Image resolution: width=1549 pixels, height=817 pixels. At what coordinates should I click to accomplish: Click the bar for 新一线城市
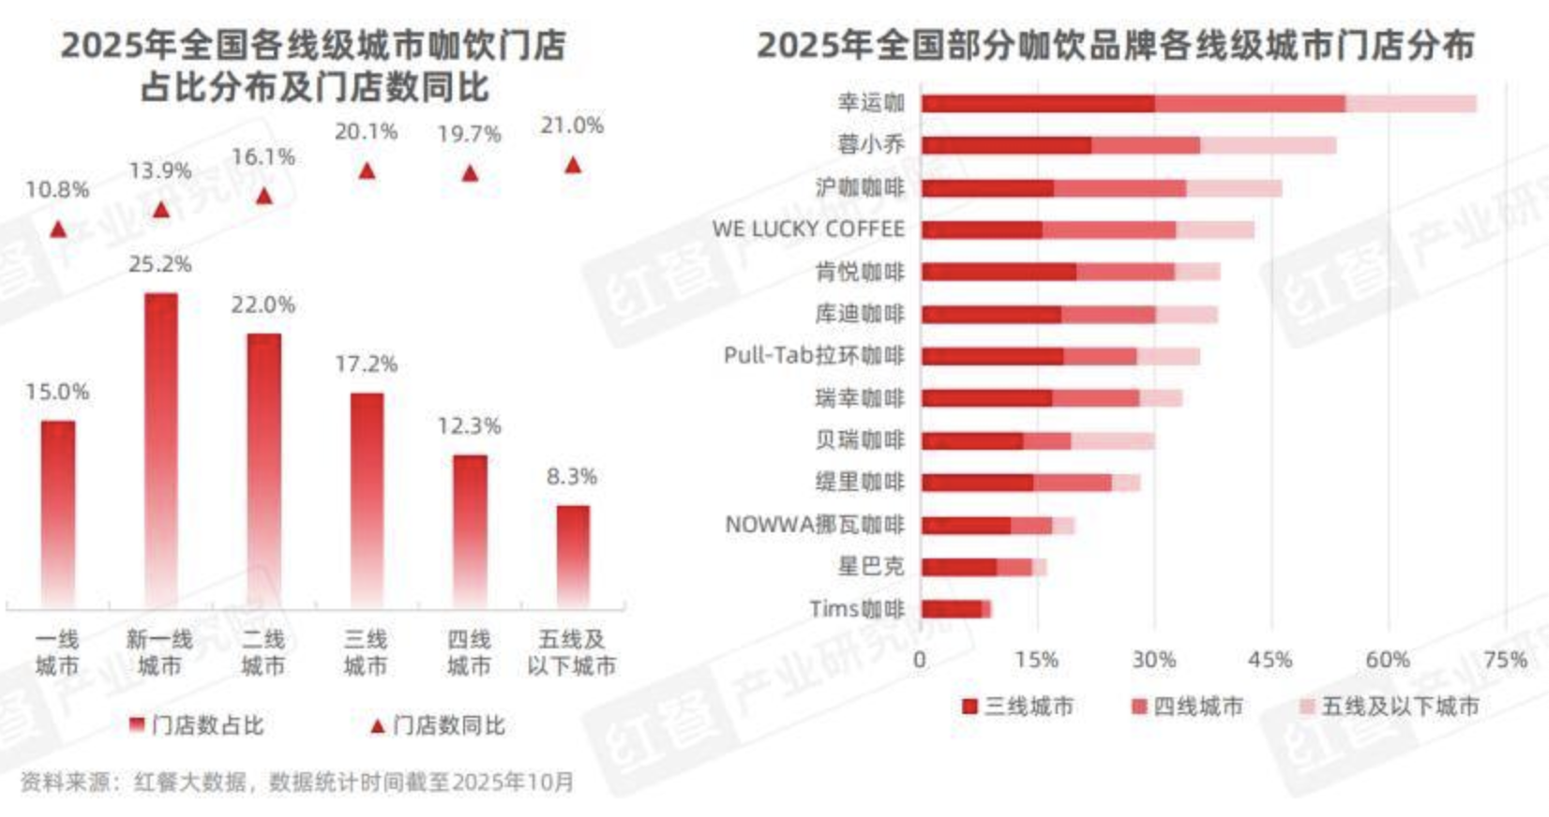click(160, 450)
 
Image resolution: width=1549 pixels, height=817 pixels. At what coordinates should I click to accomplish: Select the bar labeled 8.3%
click(572, 557)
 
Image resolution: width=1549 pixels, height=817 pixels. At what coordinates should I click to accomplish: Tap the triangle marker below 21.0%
click(573, 166)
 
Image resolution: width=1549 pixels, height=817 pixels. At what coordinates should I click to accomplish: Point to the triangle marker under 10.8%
click(58, 229)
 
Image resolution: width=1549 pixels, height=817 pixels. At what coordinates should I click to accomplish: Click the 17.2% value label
click(366, 364)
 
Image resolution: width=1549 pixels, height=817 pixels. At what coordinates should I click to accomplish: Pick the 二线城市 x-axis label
click(263, 652)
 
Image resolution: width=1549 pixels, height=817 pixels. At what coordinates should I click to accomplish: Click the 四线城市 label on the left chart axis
click(469, 652)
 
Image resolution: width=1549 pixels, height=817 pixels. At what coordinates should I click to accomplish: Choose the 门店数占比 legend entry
click(197, 725)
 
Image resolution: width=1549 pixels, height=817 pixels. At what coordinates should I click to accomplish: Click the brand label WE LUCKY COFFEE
click(808, 229)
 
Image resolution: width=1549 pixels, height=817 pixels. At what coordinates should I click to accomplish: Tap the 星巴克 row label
click(871, 566)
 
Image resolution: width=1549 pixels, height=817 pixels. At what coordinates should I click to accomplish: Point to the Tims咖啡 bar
click(955, 609)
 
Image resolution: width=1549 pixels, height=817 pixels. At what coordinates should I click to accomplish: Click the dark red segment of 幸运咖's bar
click(1037, 103)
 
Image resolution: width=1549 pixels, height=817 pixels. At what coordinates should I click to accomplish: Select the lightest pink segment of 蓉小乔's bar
click(1268, 145)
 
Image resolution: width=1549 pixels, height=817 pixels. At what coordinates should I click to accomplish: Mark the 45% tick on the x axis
click(1271, 660)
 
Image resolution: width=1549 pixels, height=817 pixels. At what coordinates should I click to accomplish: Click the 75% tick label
click(1504, 660)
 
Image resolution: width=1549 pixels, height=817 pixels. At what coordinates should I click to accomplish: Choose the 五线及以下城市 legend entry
click(1390, 706)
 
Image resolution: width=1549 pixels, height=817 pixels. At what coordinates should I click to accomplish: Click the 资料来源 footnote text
click(296, 782)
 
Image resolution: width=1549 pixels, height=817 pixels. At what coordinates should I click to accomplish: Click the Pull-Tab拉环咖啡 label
click(814, 355)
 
